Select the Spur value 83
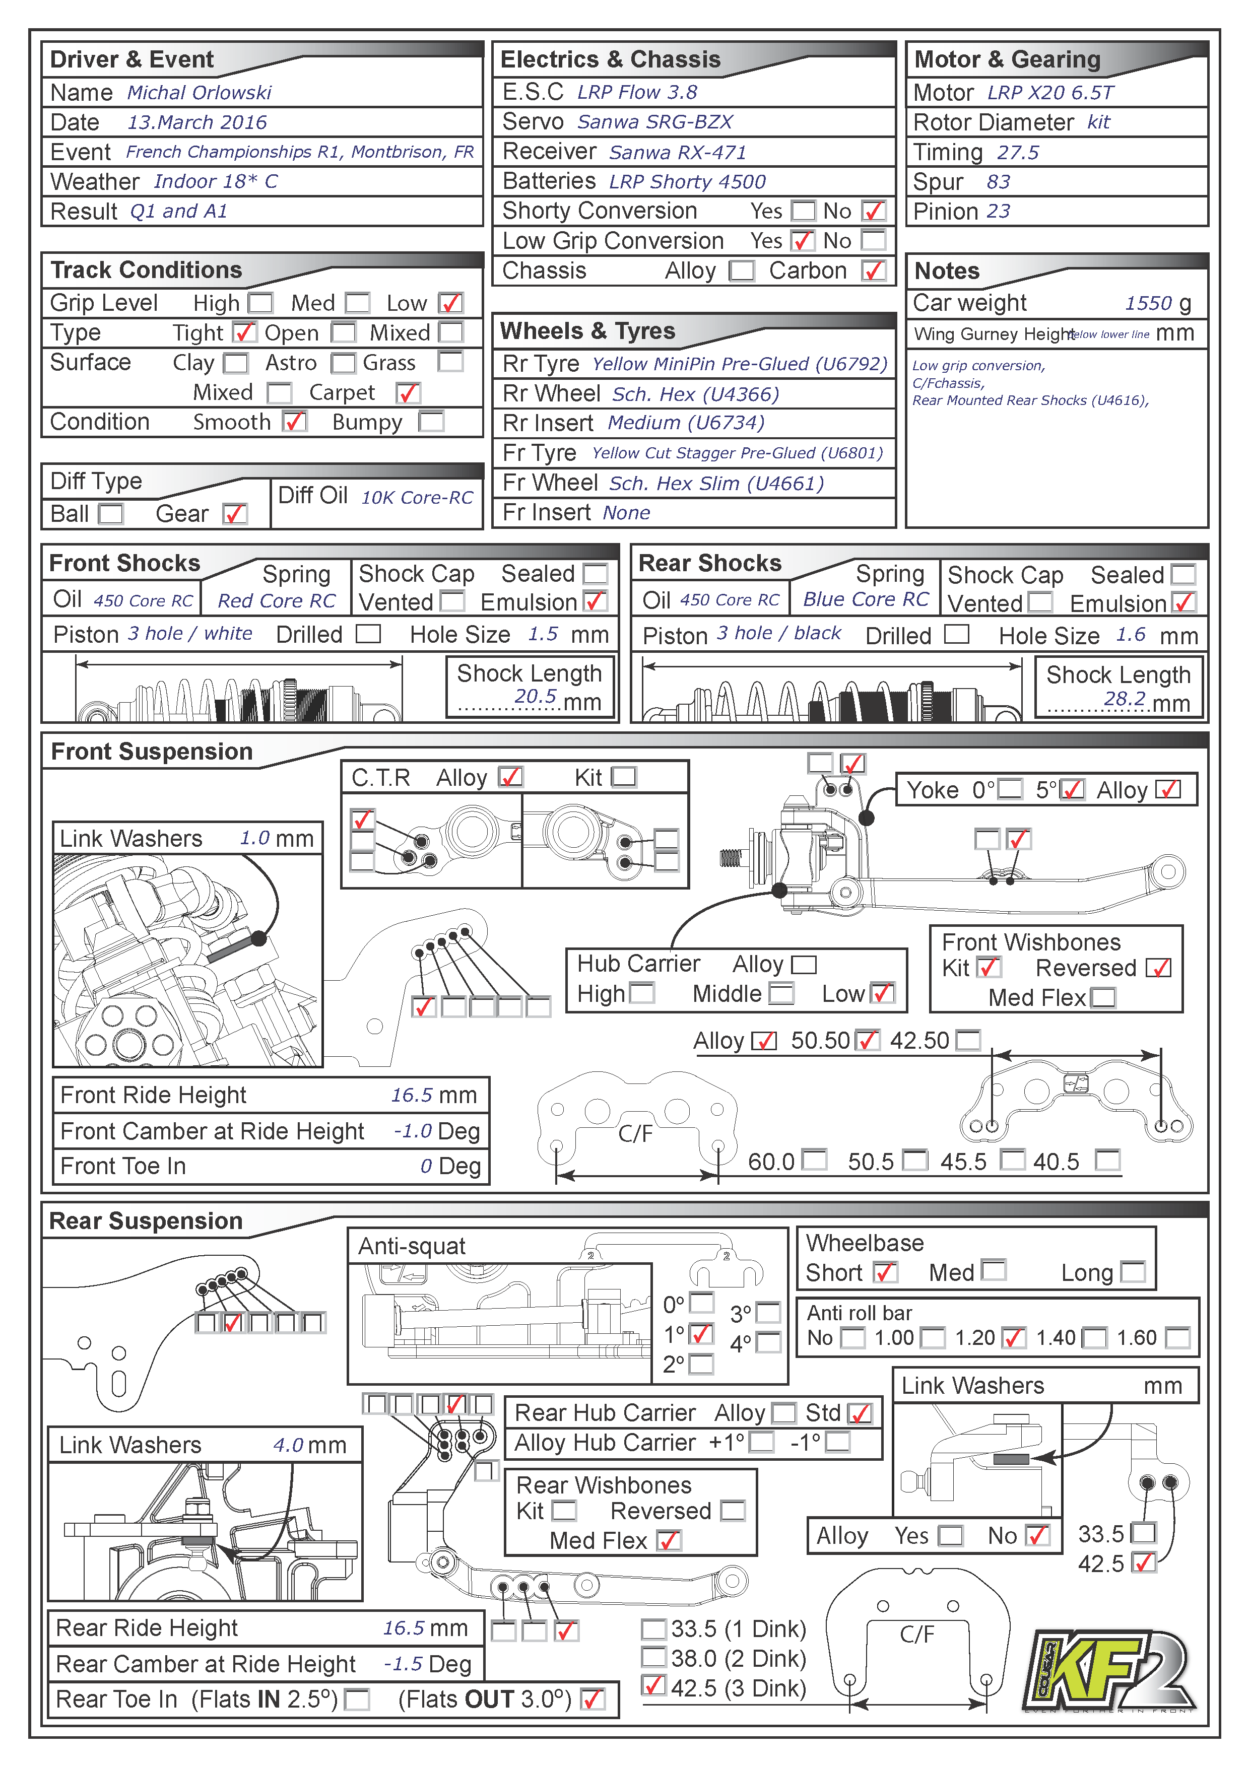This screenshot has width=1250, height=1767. pyautogui.click(x=998, y=182)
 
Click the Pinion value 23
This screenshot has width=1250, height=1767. pyautogui.click(x=998, y=212)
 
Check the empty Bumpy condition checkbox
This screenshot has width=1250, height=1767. pyautogui.click(x=431, y=422)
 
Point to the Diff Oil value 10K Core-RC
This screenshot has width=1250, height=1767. pyautogui.click(x=417, y=498)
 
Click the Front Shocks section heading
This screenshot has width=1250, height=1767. pyautogui.click(x=124, y=563)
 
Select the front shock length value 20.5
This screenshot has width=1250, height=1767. pyautogui.click(x=535, y=697)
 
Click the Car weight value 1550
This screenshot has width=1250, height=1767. pyautogui.click(x=1148, y=303)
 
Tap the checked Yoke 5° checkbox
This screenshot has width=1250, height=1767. pyautogui.click(x=1072, y=790)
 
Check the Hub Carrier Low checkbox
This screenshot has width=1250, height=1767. pyautogui.click(x=882, y=993)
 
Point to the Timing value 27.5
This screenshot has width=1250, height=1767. pyautogui.click(x=1018, y=153)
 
